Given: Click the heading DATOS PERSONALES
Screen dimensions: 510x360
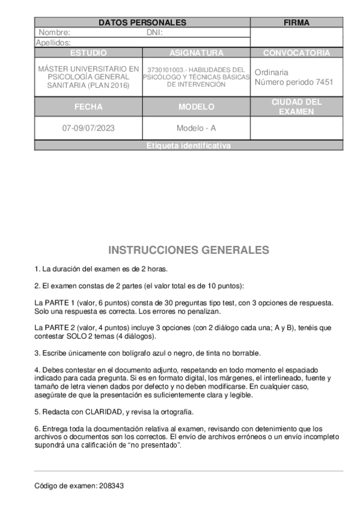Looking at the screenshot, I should [142, 23].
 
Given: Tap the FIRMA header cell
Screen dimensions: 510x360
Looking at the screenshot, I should [296, 23].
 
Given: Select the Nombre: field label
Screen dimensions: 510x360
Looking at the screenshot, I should [54, 32].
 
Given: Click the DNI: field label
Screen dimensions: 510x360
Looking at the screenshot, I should [154, 32].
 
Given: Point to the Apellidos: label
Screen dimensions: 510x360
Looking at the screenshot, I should [53, 43].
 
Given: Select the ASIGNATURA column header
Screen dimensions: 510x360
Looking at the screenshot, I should [197, 53].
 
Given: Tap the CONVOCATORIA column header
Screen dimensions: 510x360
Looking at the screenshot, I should [296, 53].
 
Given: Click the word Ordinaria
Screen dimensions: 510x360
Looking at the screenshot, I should [272, 72].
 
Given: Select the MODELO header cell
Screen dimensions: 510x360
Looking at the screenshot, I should [197, 107].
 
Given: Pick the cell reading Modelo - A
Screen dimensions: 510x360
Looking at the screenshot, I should [197, 128].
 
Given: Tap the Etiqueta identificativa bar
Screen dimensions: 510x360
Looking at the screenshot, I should [189, 146].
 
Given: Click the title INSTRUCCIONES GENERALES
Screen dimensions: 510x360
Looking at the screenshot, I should [189, 250].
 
